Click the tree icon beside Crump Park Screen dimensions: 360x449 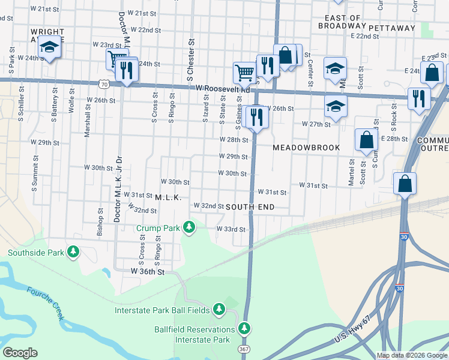click(189, 227)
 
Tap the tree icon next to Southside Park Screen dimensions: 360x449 click(73, 252)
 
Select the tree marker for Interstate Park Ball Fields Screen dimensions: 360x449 click(219, 310)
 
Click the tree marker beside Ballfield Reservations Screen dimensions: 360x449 click(244, 329)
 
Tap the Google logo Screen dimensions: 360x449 click(20, 353)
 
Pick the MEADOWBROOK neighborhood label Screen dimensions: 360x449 click(306, 148)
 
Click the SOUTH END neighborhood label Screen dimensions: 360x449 click(250, 207)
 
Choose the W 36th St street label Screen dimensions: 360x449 click(148, 272)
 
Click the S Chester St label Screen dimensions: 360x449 click(191, 60)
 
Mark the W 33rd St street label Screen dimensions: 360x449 click(231, 229)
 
